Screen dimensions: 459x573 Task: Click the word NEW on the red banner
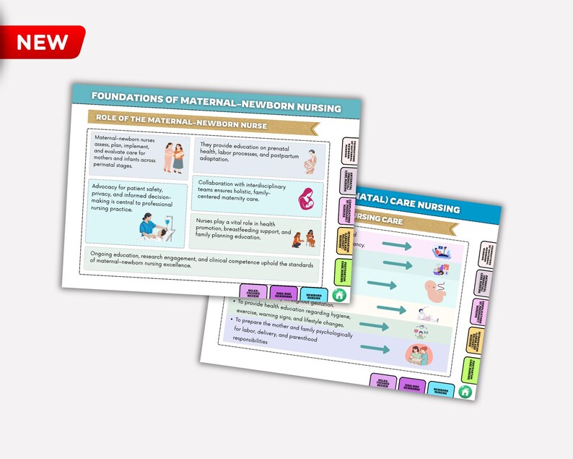pyautogui.click(x=42, y=41)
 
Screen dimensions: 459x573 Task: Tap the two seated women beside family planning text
pyautogui.click(x=306, y=237)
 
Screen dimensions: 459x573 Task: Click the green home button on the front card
pyautogui.click(x=339, y=295)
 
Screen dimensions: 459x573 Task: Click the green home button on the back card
pyautogui.click(x=465, y=391)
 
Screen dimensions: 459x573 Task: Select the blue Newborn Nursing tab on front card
pyautogui.click(x=313, y=296)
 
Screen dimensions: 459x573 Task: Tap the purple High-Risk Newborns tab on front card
pyautogui.click(x=282, y=295)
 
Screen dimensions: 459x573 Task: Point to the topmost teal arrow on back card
pyautogui.click(x=396, y=246)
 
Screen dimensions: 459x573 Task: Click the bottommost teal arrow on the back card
pyautogui.click(x=390, y=350)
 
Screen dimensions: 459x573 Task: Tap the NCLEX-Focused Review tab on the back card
pyautogui.click(x=382, y=381)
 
